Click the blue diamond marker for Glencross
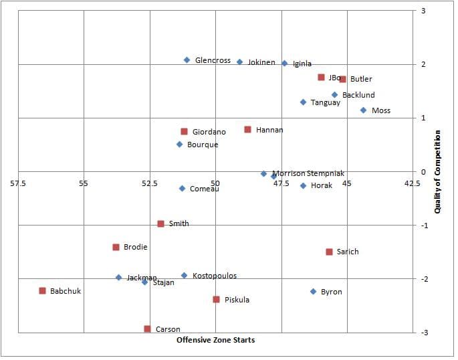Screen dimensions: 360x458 coord(187,60)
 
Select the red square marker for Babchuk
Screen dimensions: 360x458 coord(42,291)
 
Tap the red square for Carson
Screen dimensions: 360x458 coord(147,329)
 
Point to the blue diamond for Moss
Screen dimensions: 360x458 coord(363,110)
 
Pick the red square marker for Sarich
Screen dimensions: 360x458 coord(329,252)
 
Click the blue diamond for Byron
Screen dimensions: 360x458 coord(313,292)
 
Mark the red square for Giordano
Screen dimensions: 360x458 coord(184,132)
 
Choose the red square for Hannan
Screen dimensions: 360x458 coord(247,130)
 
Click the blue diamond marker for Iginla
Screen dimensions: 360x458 coord(284,64)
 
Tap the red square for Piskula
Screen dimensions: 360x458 coord(216,300)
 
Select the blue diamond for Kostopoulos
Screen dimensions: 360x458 coord(184,276)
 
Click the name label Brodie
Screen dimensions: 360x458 coord(135,247)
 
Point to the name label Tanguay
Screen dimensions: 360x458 coord(325,102)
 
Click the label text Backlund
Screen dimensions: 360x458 coord(358,95)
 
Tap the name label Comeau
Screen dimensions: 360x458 coord(205,189)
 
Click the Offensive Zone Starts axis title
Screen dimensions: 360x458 coord(215,340)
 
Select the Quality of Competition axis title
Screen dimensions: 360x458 coord(438,172)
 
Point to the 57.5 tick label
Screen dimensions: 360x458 coord(18,183)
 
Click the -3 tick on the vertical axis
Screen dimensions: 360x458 coord(423,333)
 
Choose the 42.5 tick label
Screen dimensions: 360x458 coord(413,183)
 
